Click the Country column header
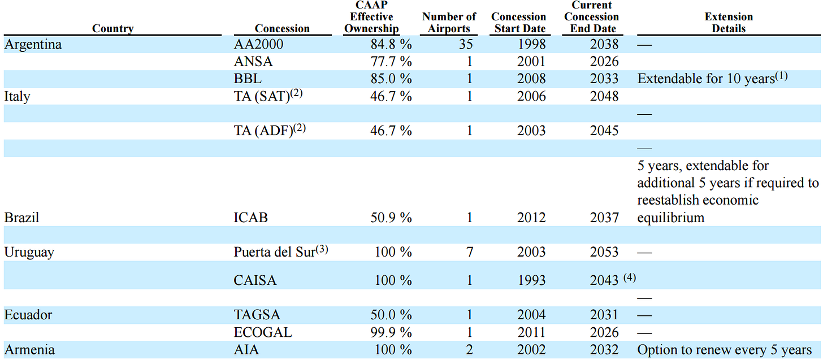(x=112, y=29)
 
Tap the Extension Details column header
(x=729, y=23)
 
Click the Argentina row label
(x=33, y=45)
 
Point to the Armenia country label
(x=29, y=350)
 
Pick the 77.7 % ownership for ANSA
(x=388, y=62)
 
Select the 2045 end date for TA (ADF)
(x=604, y=131)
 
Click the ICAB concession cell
(x=250, y=218)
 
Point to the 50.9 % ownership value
(x=388, y=218)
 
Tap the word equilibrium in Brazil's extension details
(x=671, y=218)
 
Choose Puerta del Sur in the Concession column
(x=274, y=252)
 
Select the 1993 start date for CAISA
(x=531, y=280)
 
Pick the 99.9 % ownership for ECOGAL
(x=388, y=332)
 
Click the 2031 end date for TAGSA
(x=604, y=315)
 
